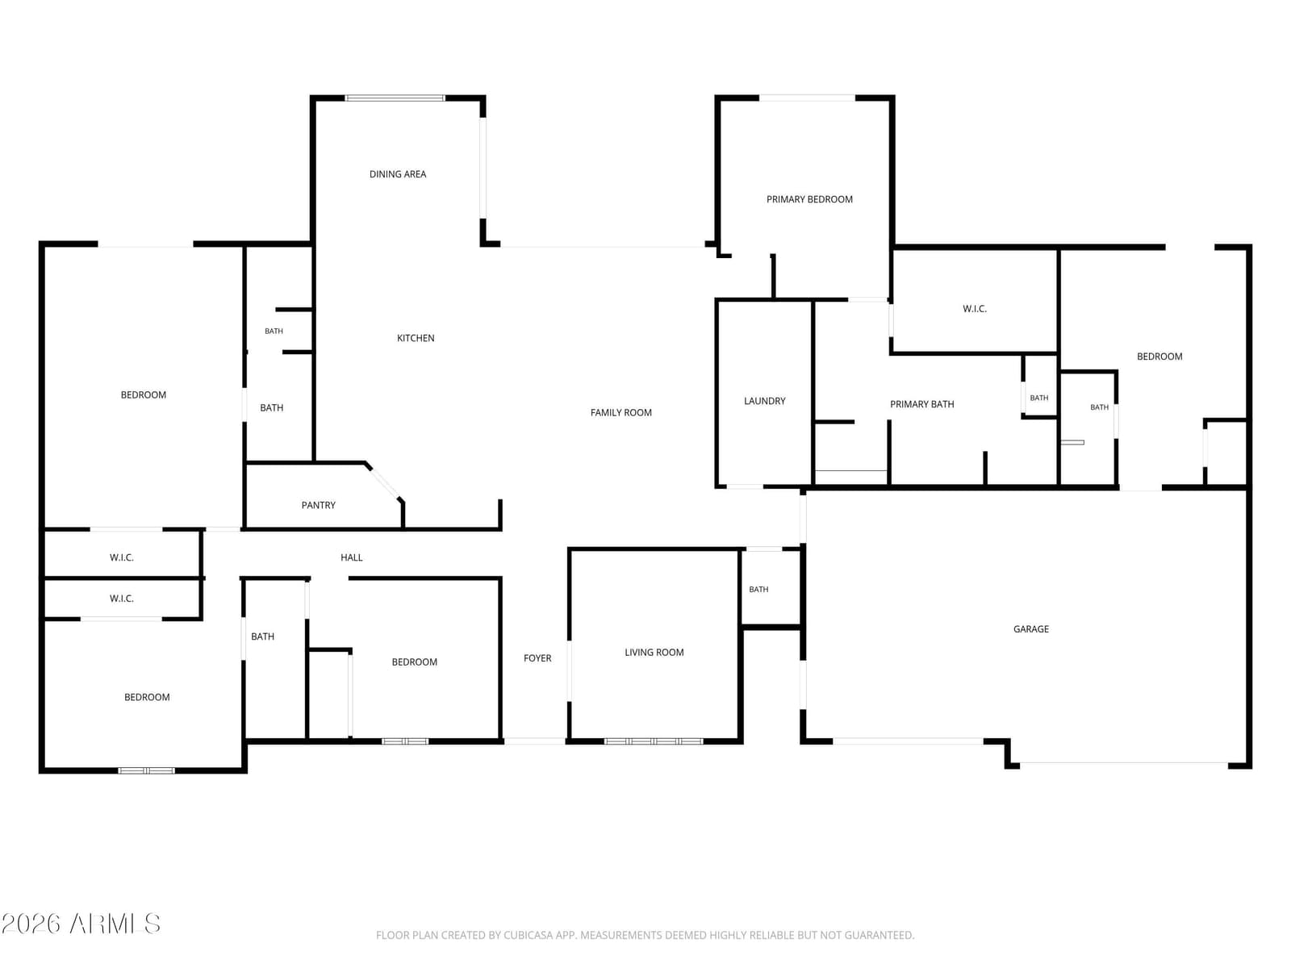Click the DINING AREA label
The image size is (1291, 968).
click(x=398, y=174)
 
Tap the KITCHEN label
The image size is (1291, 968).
click(x=416, y=338)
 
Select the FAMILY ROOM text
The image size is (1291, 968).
click(x=620, y=412)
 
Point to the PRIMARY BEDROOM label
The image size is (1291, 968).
click(x=809, y=199)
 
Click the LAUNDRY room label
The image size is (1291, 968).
click(x=764, y=401)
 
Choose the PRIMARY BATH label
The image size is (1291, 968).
click(x=921, y=404)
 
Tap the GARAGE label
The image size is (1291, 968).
click(x=1030, y=629)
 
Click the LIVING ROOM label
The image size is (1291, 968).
click(x=654, y=652)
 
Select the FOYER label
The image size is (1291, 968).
click(x=537, y=658)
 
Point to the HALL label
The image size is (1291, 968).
click(x=351, y=557)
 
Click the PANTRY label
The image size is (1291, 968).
click(x=318, y=505)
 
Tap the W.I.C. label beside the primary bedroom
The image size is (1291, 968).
click(x=975, y=309)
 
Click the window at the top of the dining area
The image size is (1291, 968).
click(x=395, y=98)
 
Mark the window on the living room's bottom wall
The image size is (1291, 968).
click(x=654, y=741)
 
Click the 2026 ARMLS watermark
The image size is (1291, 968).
click(x=81, y=924)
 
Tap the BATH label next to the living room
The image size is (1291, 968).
click(x=758, y=589)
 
